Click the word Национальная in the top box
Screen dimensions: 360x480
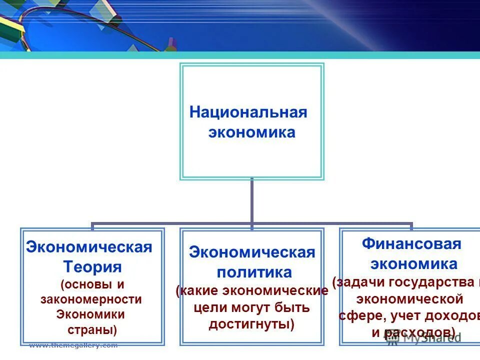pyautogui.click(x=248, y=112)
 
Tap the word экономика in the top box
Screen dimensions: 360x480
pyautogui.click(x=251, y=132)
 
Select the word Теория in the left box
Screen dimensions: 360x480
pyautogui.click(x=93, y=266)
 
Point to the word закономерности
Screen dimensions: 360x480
pyautogui.click(x=91, y=299)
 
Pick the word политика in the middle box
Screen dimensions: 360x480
pyautogui.click(x=254, y=272)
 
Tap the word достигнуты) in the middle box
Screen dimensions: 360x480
pyautogui.click(x=251, y=324)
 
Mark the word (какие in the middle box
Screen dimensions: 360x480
pyautogui.click(x=197, y=290)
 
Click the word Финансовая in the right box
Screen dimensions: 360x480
pyautogui.click(x=411, y=244)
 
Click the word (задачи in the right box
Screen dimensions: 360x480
pyautogui.click(x=358, y=282)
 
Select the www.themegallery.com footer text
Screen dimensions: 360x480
pyautogui.click(x=73, y=345)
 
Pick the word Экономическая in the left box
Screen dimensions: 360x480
pyautogui.click(x=89, y=247)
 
